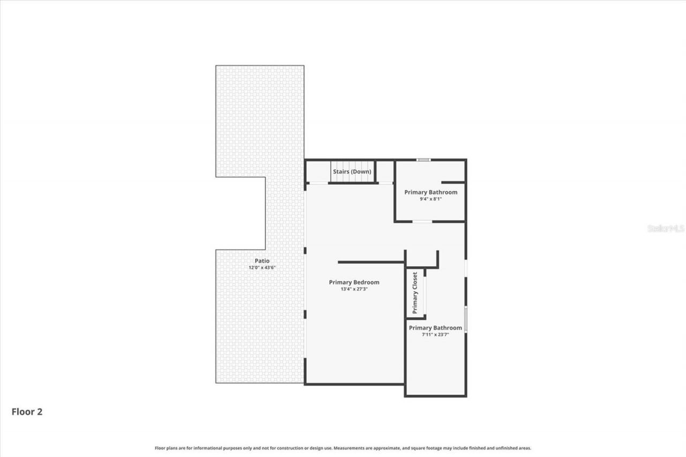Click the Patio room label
[x=262, y=261]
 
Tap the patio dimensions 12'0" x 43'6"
[x=262, y=267]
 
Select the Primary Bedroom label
[x=354, y=282]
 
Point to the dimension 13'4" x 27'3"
[x=354, y=289]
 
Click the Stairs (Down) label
[x=352, y=171]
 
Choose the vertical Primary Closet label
[x=415, y=293]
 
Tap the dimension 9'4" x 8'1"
[x=430, y=199]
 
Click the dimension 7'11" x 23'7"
[x=435, y=334]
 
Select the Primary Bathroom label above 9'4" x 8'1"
[x=430, y=192]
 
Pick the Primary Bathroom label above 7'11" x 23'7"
[x=435, y=328]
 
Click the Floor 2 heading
[x=27, y=411]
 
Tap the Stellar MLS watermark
[x=666, y=228]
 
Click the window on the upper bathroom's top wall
[x=423, y=160]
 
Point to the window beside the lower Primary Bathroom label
[x=466, y=319]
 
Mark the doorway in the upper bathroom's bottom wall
[x=422, y=221]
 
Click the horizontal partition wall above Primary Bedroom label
[x=370, y=262]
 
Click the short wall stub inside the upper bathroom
[x=453, y=182]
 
